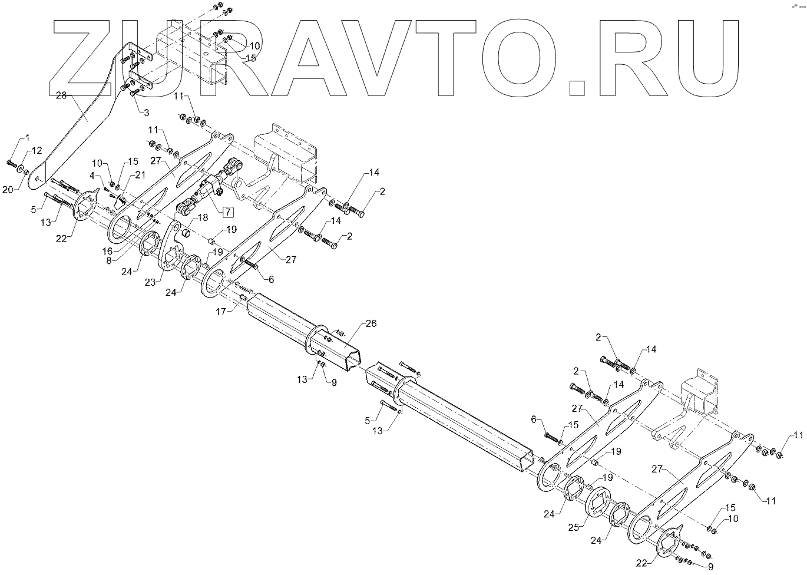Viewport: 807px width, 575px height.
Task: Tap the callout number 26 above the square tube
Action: [371, 323]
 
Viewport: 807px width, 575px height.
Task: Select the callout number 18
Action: [203, 217]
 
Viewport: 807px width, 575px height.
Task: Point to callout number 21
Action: [139, 174]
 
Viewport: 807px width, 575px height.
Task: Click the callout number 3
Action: [145, 111]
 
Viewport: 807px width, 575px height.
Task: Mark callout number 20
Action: [8, 190]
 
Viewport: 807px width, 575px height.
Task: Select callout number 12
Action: [37, 150]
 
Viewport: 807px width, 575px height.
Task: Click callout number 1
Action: [27, 137]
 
